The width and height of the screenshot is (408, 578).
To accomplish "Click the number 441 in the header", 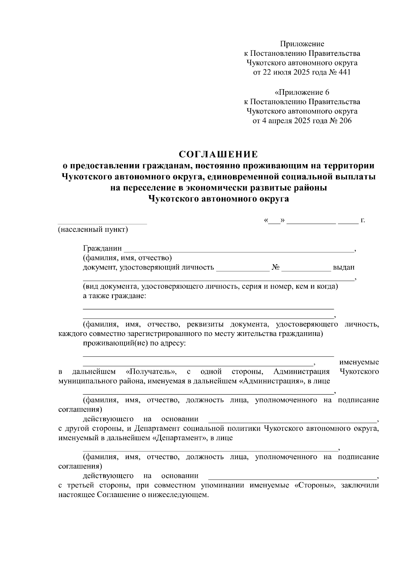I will (x=344, y=73).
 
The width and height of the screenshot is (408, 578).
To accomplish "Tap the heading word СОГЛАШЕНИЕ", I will (x=218, y=155).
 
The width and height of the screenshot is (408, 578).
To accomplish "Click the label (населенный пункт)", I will (x=93, y=229).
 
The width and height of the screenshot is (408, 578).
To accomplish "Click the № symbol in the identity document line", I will (x=275, y=268).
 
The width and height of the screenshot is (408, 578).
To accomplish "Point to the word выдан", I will (x=343, y=268).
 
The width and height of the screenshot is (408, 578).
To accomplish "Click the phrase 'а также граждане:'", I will (x=115, y=296).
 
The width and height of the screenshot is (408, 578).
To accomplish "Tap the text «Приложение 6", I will (x=302, y=92).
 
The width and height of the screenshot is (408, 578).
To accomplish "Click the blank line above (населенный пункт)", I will (x=102, y=223).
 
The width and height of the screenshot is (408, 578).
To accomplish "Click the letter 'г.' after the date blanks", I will (x=362, y=220).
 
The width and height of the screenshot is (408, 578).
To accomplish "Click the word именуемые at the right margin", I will (x=359, y=362).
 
